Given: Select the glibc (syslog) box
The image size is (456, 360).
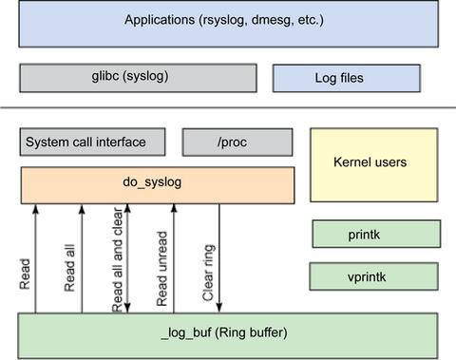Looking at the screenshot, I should (x=138, y=76).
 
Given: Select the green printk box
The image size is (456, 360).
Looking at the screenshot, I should (x=376, y=234).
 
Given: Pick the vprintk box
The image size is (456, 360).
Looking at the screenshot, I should (x=376, y=276).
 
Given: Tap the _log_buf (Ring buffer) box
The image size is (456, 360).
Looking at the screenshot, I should (x=228, y=333).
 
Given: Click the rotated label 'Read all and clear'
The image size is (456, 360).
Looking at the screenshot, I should (x=117, y=261).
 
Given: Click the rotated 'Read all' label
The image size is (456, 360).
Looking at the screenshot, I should (x=70, y=270).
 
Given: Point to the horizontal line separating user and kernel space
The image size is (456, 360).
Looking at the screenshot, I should (x=228, y=107).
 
